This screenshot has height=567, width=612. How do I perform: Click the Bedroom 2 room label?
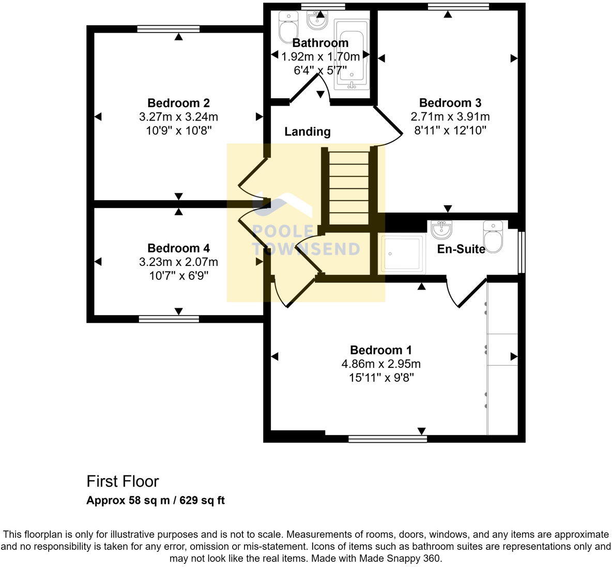178,103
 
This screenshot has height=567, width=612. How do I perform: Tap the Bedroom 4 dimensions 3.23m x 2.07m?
178,262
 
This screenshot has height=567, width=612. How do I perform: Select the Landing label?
308,132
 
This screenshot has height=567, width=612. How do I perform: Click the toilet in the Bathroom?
285,27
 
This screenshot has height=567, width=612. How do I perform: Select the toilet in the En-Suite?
493,237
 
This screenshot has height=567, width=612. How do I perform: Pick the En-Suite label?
461,249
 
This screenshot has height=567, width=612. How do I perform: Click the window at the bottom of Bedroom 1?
388,439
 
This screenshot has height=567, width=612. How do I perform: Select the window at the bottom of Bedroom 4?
169,319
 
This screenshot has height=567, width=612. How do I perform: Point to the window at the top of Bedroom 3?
458,7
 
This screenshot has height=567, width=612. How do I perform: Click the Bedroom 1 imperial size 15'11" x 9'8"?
381,378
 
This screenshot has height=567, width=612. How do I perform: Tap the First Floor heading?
123,482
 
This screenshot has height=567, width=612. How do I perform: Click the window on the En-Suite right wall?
522,252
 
